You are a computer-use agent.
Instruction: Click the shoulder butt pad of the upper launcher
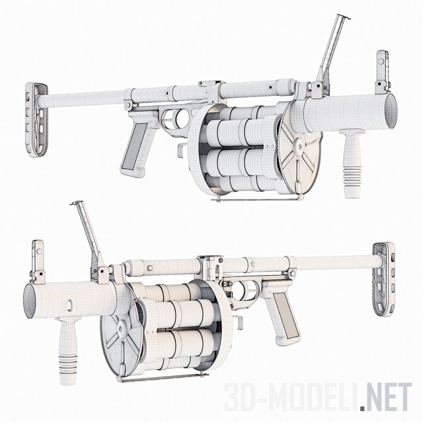tap(36, 120)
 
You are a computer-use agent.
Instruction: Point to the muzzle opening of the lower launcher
tap(30, 301)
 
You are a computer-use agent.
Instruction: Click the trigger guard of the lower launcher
tap(244, 290)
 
